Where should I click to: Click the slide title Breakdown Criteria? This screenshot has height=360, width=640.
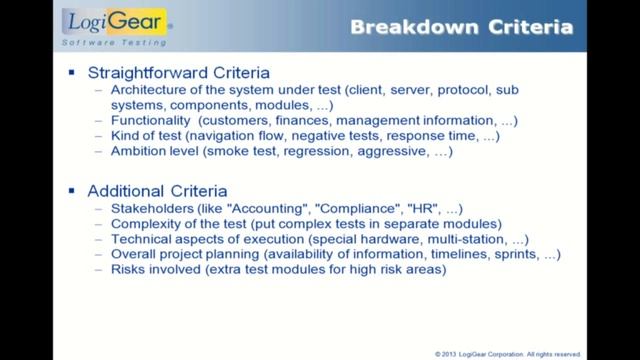tap(461, 27)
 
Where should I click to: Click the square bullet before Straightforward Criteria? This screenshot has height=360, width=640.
tap(71, 74)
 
